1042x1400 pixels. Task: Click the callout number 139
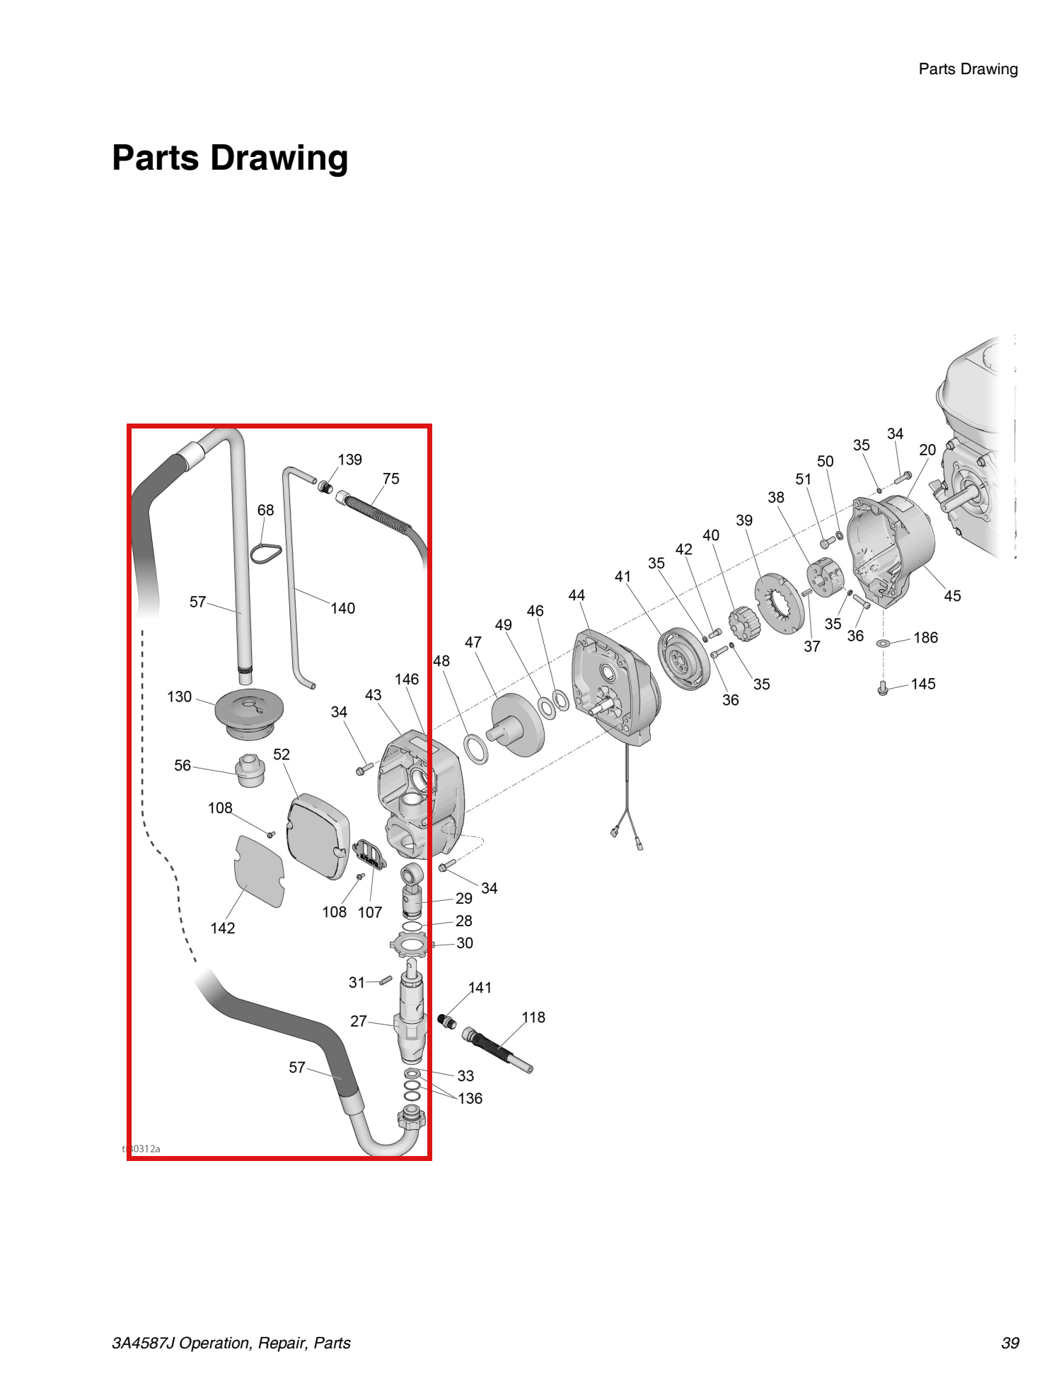coord(349,460)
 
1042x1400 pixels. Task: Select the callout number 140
coord(342,608)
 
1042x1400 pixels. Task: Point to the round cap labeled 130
coord(249,711)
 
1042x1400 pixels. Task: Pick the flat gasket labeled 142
coord(259,871)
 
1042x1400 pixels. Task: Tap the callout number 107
coord(369,912)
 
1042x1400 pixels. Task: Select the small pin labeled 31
coord(386,980)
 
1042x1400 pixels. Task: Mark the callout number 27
coord(359,1021)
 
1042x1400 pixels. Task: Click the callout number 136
coord(470,1098)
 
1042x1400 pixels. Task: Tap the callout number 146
coord(406,679)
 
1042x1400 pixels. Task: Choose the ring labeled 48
coord(476,749)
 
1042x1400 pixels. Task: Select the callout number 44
coord(577,595)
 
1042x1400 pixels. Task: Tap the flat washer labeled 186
coord(884,643)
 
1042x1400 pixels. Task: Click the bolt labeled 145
coord(882,687)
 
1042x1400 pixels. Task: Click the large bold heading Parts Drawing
coord(230,157)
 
